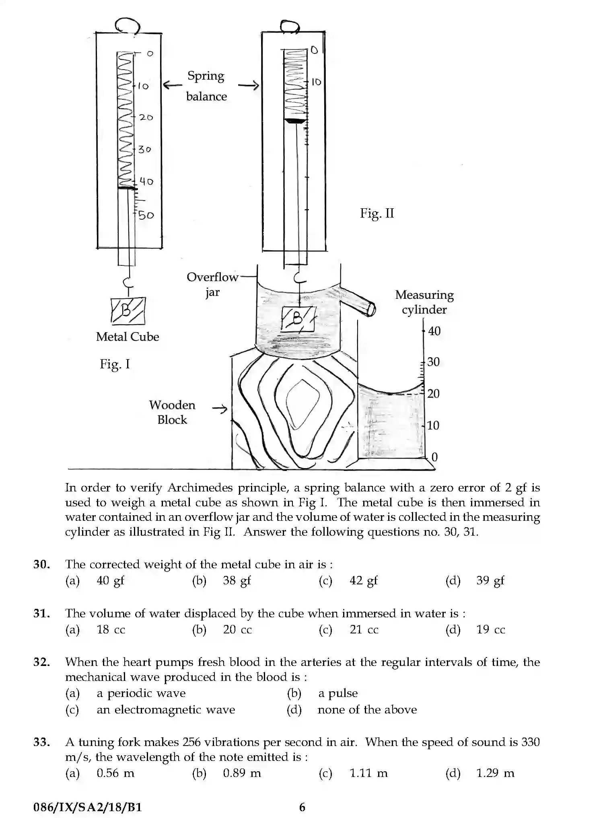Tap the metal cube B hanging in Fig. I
pos(128,311)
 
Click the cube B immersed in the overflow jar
pos(298,319)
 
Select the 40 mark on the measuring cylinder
pos(434,331)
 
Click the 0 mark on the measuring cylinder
pos(434,457)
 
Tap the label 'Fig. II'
pos(377,213)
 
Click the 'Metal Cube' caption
pos(128,337)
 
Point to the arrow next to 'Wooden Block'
pos(220,409)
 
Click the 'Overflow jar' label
pos(212,284)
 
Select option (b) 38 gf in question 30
pos(237,580)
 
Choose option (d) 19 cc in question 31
pos(490,629)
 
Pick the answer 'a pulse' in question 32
pos(337,693)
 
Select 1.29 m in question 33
pos(495,773)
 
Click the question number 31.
pos(41,614)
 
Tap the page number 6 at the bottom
pos(302,807)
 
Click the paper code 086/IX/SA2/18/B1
pos(88,807)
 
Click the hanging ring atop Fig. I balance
pos(127,26)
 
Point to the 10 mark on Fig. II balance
pos(316,82)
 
